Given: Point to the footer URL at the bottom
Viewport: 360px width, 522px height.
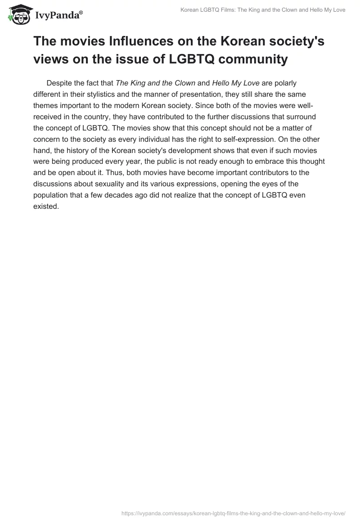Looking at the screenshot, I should [x=233, y=513].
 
